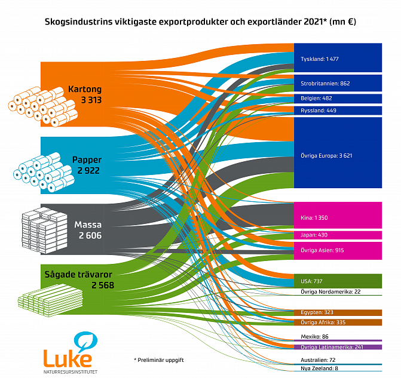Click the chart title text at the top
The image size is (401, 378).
tap(200, 22)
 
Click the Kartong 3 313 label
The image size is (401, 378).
tap(84, 94)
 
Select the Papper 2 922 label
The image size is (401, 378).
tap(86, 165)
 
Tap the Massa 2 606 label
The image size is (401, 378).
tap(88, 230)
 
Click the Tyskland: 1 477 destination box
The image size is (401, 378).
tap(338, 59)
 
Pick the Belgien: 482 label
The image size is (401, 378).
tap(316, 99)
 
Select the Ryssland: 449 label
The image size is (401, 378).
tap(318, 110)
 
